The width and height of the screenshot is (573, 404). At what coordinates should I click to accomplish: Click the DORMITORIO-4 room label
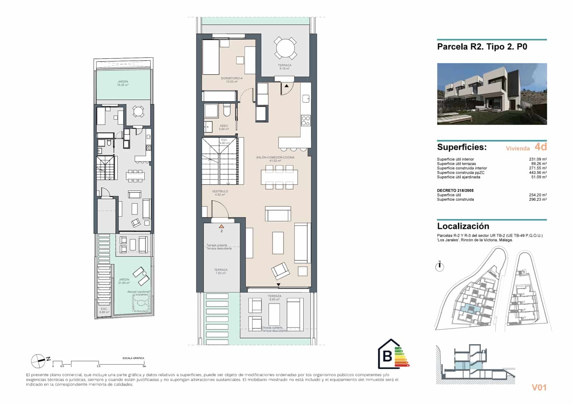pos(229,80)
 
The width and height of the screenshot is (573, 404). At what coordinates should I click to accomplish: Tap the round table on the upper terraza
pos(285,48)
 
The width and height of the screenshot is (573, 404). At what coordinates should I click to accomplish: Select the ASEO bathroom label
pos(223,127)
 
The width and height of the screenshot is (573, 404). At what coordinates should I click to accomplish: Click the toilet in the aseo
pos(226,110)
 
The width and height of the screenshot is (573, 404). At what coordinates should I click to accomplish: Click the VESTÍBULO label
pos(220,193)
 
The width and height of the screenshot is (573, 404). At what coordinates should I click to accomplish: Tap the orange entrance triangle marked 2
pos(221,226)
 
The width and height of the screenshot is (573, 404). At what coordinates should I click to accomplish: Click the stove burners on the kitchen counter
pos(305,120)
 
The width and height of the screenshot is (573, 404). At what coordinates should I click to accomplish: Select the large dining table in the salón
pos(279,177)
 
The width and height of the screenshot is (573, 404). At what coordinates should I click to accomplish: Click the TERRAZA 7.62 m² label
pos(221,271)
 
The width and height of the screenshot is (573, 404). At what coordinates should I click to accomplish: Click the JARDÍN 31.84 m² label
pos(124,281)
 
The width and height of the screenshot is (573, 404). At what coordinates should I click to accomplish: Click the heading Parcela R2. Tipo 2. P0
pos(482,47)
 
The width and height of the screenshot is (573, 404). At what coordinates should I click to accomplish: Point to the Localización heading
pos(463,226)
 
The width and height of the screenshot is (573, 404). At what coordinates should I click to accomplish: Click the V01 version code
pos(539,387)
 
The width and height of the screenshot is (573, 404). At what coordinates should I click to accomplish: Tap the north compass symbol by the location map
pos(439,266)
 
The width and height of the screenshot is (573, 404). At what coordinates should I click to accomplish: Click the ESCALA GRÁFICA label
pos(133,358)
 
